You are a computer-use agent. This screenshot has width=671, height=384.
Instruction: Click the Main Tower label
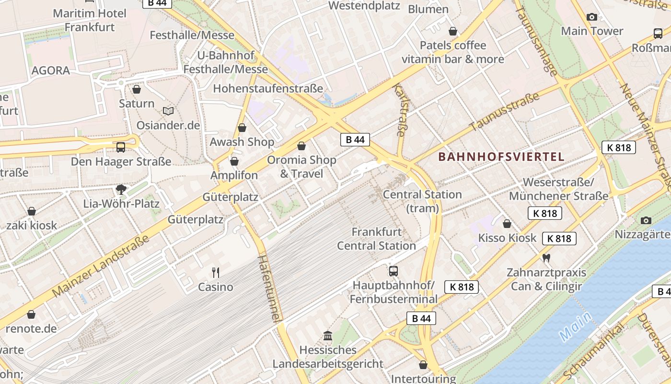(x=592, y=31)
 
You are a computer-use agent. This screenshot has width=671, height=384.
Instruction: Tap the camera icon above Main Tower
(x=592, y=17)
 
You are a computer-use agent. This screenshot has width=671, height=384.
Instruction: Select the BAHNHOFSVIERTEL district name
(x=501, y=156)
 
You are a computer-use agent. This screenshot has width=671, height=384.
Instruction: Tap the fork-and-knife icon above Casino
(x=216, y=273)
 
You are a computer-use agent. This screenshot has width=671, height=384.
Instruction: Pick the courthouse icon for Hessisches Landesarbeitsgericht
(x=328, y=335)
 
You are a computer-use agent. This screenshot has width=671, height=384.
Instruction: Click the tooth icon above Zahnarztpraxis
(x=546, y=258)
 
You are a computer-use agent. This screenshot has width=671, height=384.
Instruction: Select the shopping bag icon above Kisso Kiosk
(x=507, y=224)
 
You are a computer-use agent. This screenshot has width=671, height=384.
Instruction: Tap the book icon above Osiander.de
(x=168, y=111)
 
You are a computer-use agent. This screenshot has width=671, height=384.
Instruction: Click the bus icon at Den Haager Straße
(x=121, y=147)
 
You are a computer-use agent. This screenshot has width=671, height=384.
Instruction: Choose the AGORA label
(x=51, y=71)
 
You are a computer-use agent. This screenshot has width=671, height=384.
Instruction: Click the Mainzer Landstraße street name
(x=100, y=266)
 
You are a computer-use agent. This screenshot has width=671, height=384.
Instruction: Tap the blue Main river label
(x=575, y=327)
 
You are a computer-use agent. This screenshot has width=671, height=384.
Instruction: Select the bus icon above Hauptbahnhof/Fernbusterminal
(x=393, y=271)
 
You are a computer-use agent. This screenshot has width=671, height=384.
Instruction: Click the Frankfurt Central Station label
(x=376, y=239)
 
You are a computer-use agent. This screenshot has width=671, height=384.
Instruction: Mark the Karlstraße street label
(x=400, y=109)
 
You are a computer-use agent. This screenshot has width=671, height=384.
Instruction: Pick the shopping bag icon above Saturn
(x=137, y=89)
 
